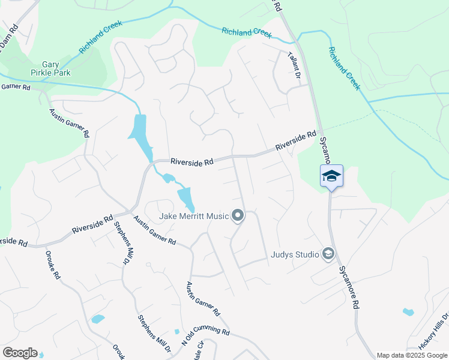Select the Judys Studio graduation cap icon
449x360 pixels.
(328, 254)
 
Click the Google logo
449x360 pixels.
(20, 353)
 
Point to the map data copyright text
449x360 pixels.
(412, 355)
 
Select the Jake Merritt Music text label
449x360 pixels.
(194, 216)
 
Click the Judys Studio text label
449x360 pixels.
(294, 254)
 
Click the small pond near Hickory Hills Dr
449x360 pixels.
(408, 312)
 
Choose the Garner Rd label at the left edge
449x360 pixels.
(16, 87)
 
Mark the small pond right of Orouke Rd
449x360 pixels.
(97, 319)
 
